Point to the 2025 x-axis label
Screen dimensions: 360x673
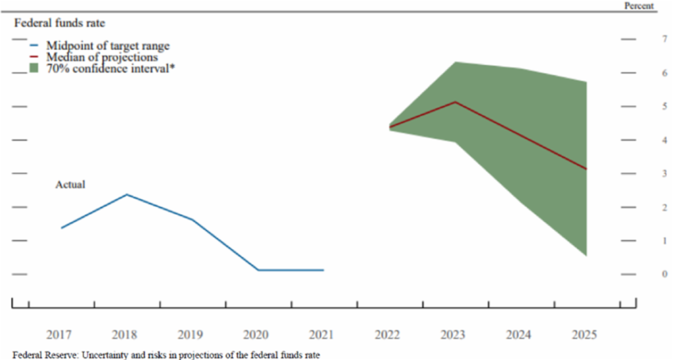click(x=584, y=334)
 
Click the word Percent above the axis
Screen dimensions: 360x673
click(x=638, y=6)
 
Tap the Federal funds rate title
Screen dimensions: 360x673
click(x=59, y=23)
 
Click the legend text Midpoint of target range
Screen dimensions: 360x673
click(x=108, y=46)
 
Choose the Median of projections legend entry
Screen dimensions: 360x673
click(x=102, y=57)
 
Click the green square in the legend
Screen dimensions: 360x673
click(x=35, y=68)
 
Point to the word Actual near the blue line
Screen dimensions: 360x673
click(x=70, y=185)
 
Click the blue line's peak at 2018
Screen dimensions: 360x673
click(x=127, y=194)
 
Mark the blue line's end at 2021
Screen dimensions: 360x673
click(x=323, y=270)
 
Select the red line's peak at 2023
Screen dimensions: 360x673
click(x=455, y=102)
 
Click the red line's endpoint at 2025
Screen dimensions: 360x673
click(x=586, y=169)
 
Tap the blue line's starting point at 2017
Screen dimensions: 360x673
click(x=61, y=228)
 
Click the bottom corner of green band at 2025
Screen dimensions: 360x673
click(x=586, y=256)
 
